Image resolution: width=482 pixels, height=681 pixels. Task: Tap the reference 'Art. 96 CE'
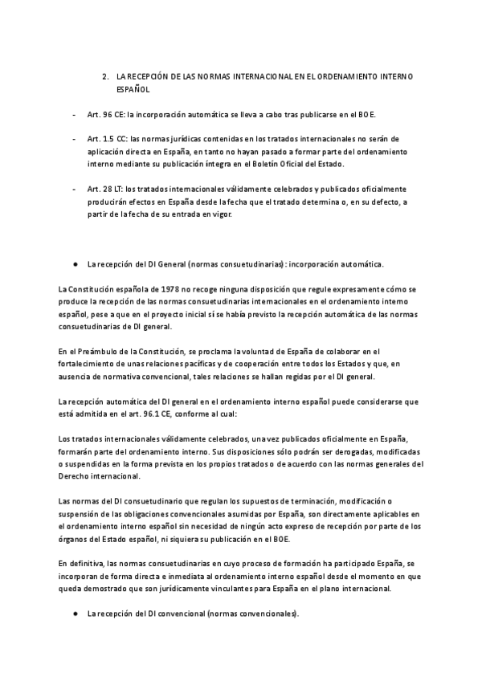tap(104, 115)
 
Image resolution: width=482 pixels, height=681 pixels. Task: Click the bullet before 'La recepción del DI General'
tap(75, 263)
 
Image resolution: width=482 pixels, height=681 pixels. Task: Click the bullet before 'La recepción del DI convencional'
tap(75, 614)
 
